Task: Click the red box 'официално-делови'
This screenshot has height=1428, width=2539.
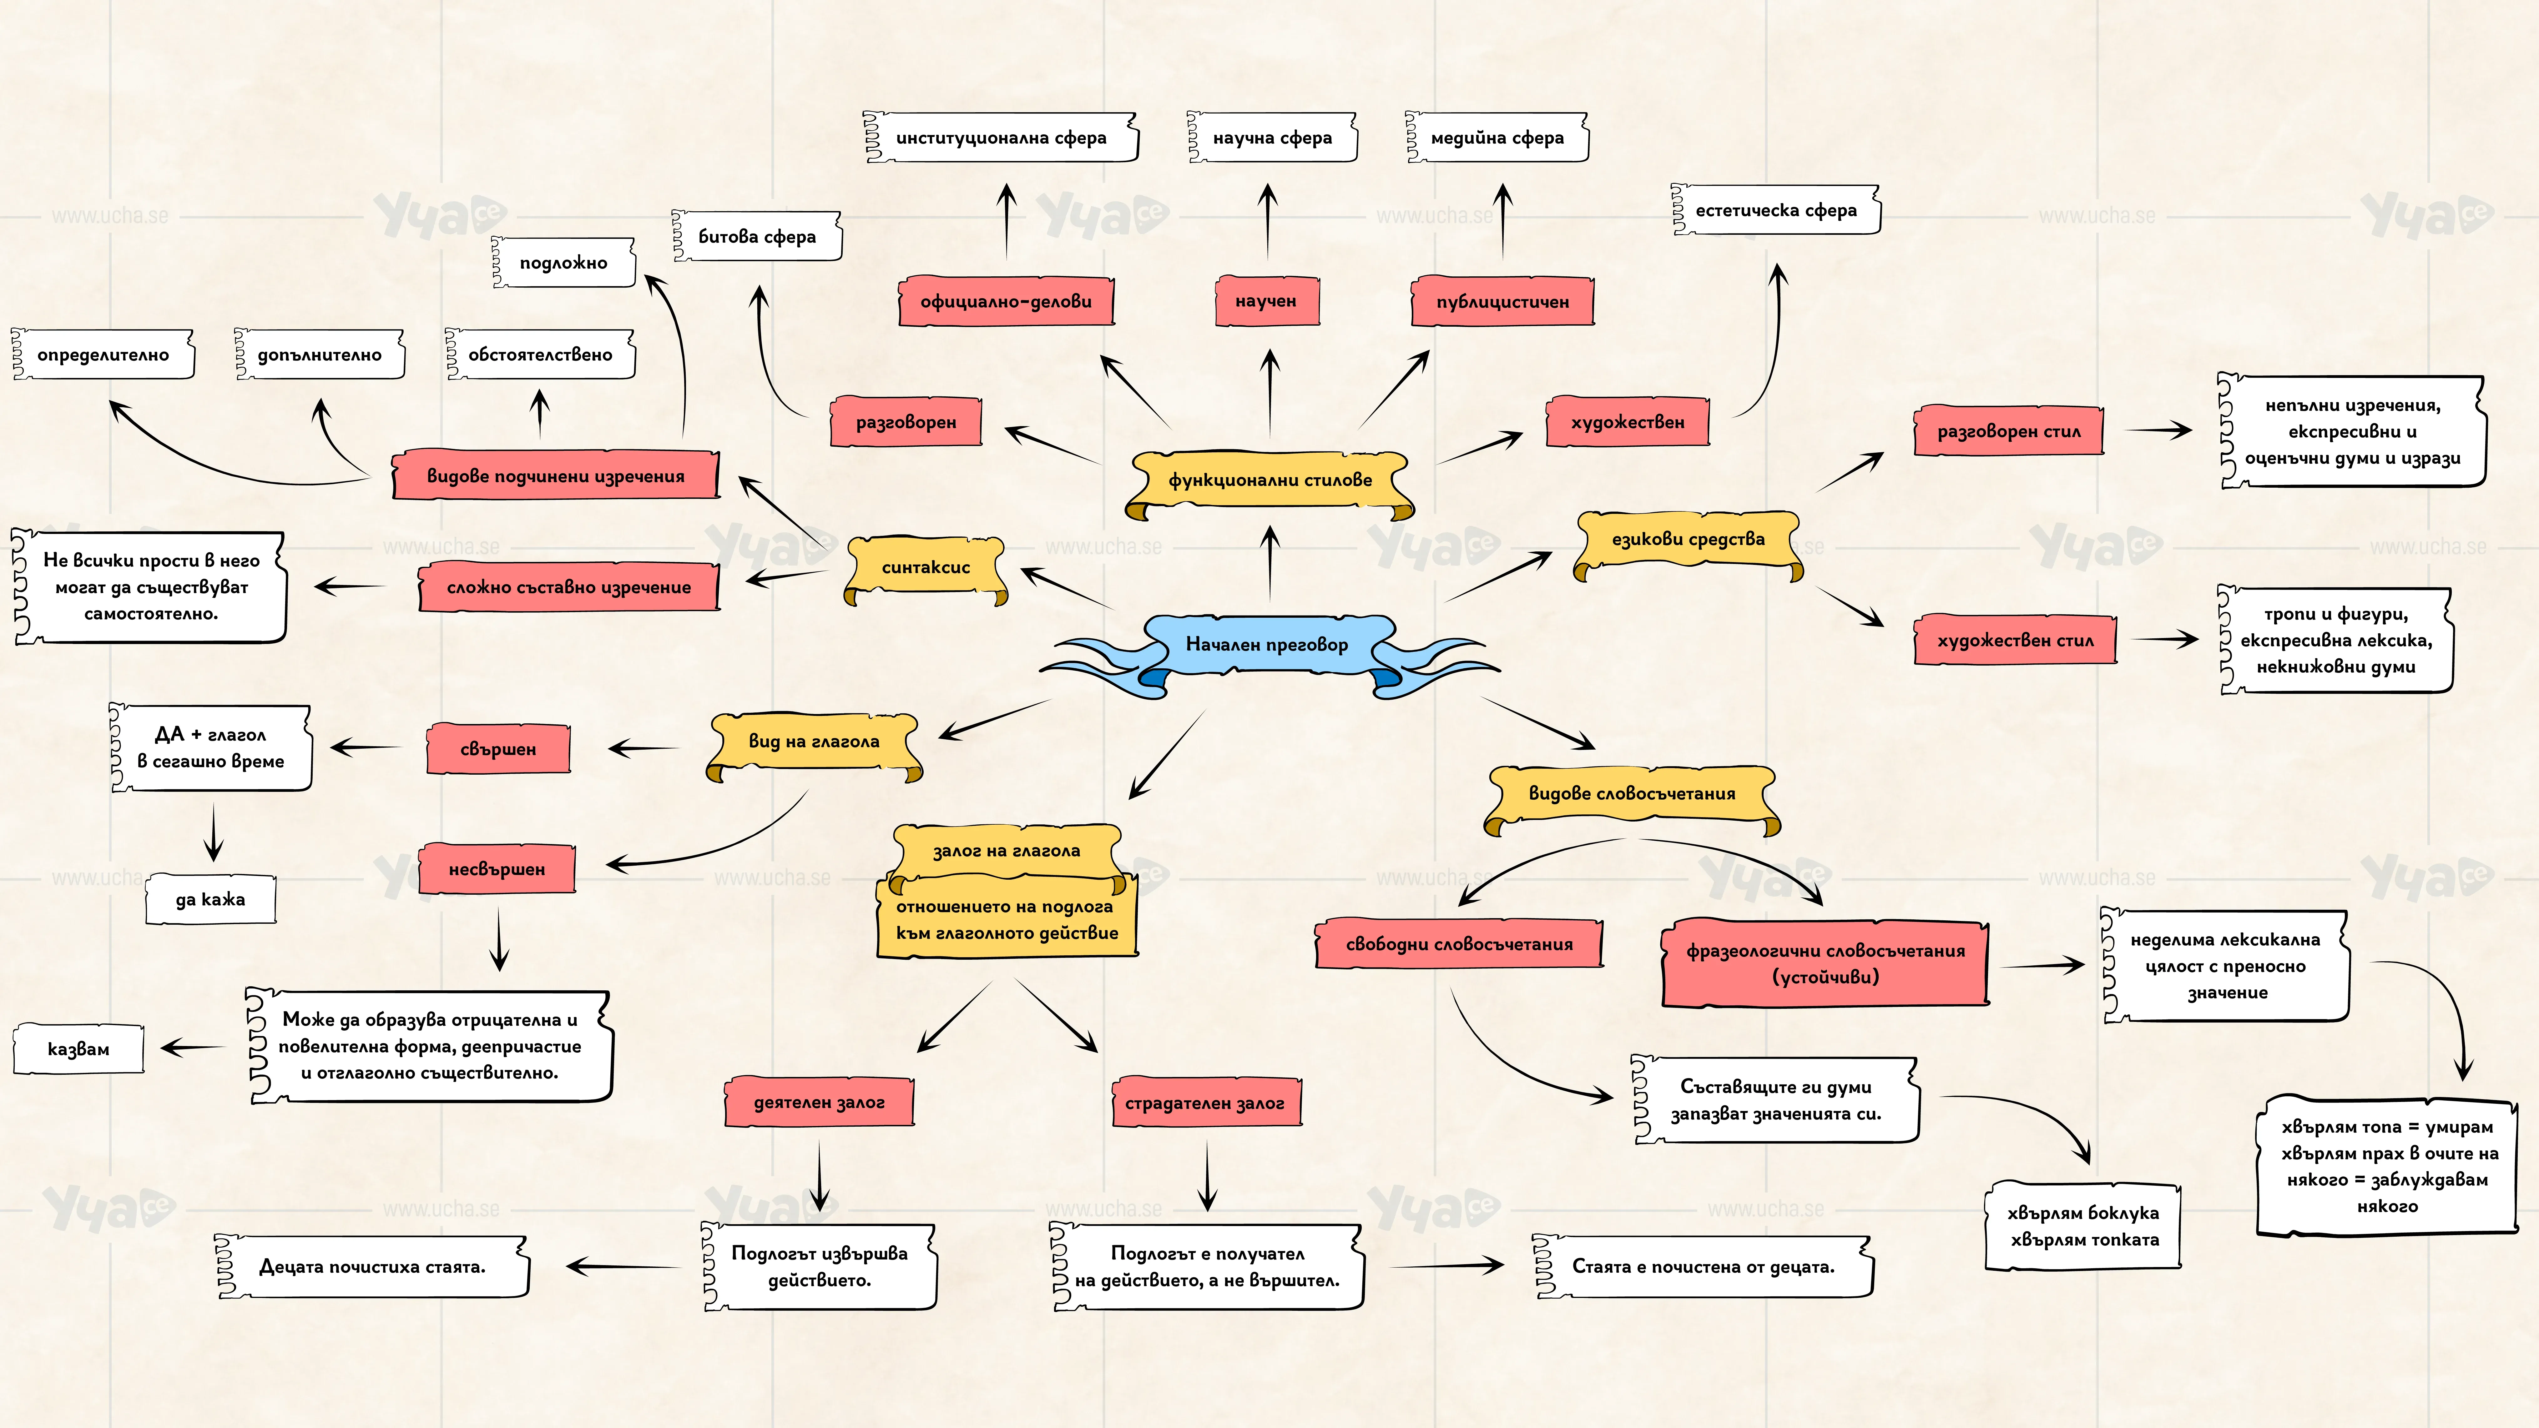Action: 1006,302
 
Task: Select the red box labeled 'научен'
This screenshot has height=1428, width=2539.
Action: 1267,301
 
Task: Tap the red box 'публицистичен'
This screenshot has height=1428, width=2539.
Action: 1502,302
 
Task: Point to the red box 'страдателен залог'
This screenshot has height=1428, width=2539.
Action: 1205,1103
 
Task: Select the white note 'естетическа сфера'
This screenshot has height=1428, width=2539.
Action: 1776,210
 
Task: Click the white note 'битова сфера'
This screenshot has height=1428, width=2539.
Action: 757,237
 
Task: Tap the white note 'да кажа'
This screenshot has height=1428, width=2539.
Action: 210,899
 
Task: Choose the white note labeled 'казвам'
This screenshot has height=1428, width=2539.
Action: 79,1048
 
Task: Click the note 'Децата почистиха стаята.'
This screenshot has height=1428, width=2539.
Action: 373,1266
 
